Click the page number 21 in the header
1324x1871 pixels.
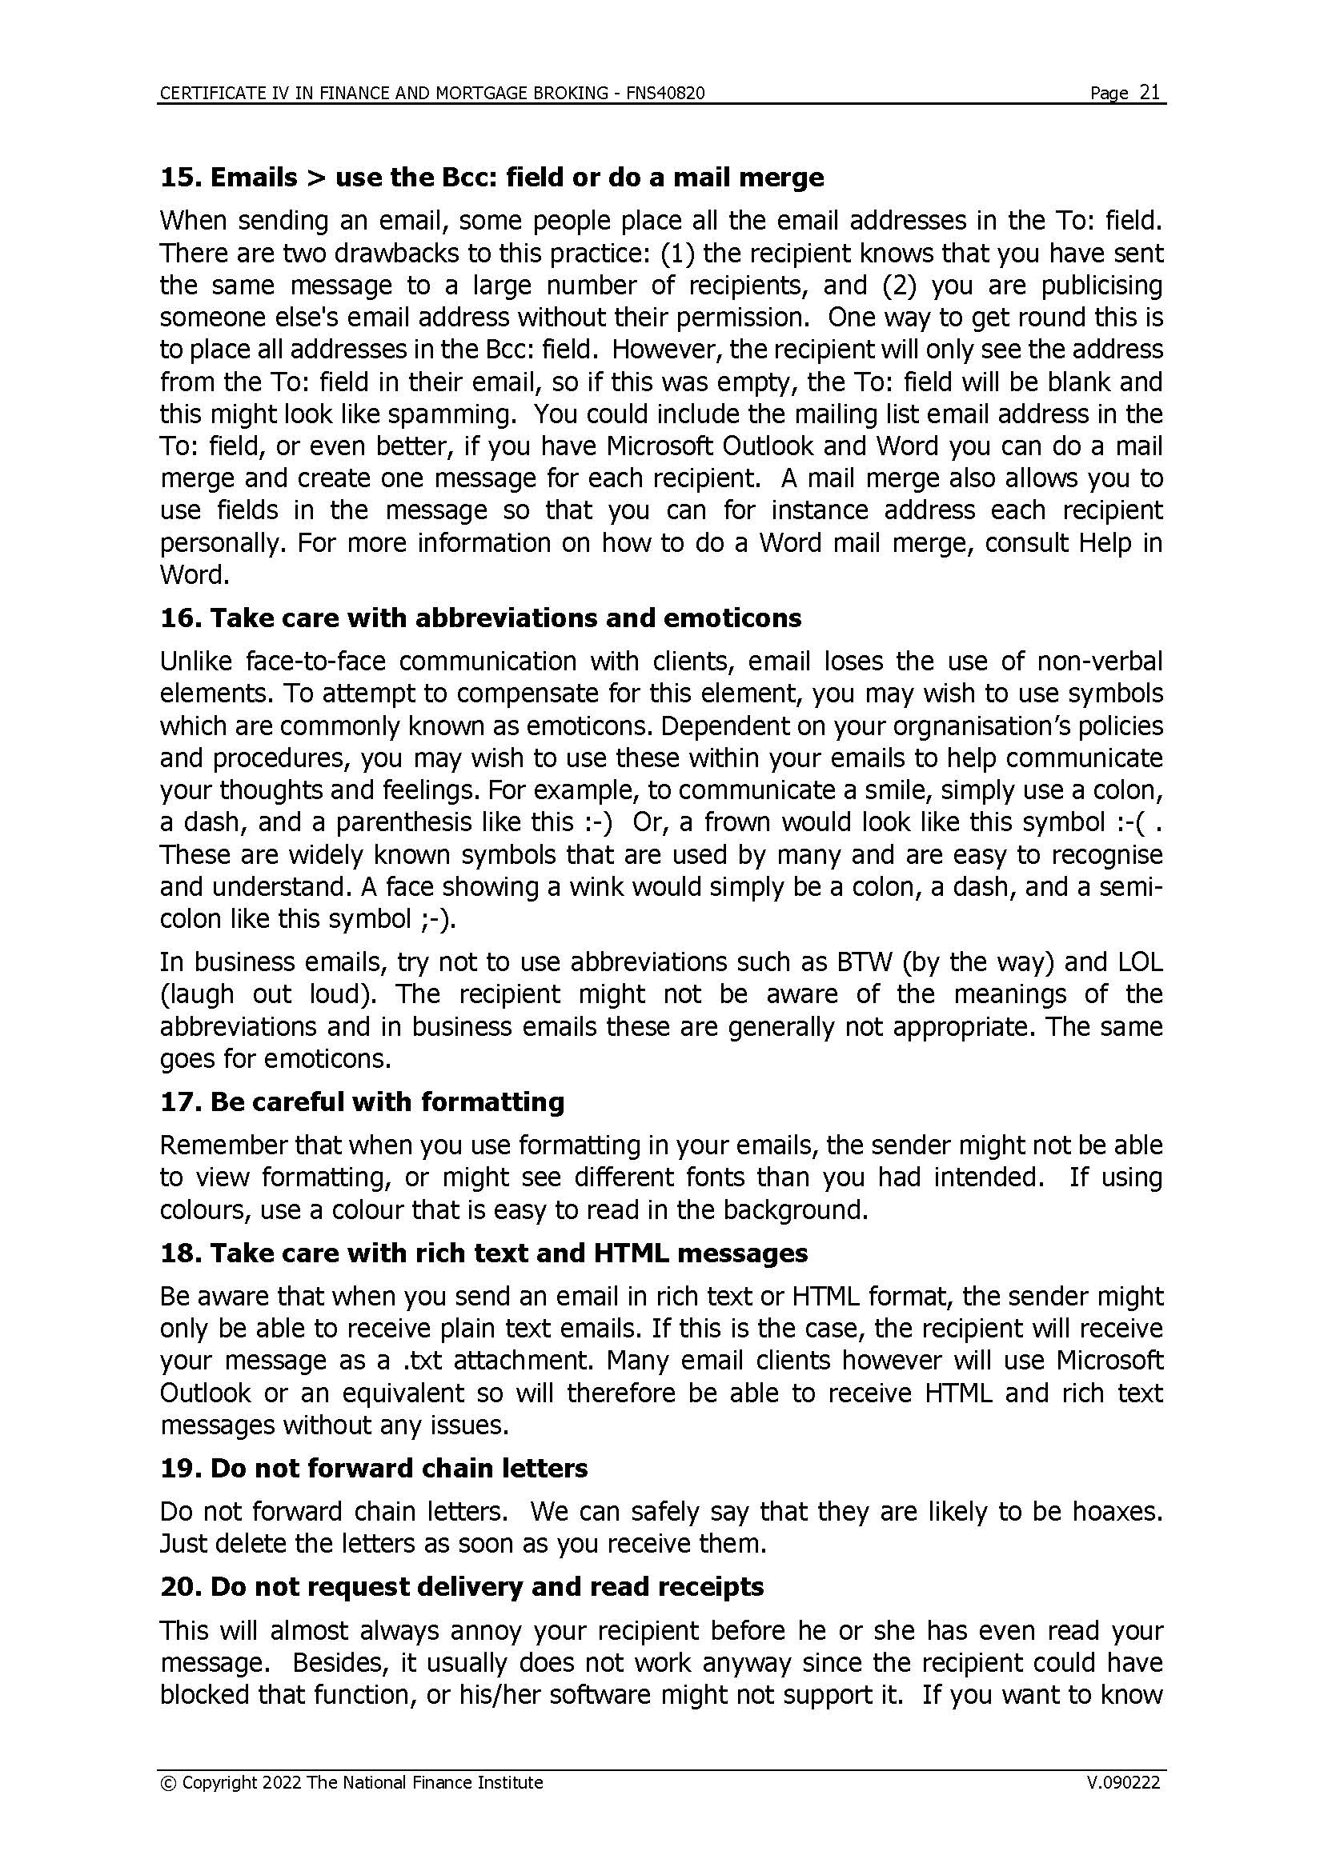click(1149, 92)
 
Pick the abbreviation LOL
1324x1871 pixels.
click(1140, 962)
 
